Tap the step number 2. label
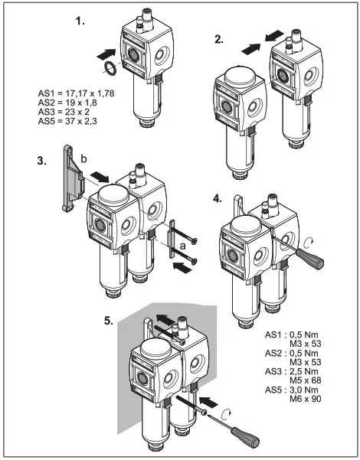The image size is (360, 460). [x=219, y=40]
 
